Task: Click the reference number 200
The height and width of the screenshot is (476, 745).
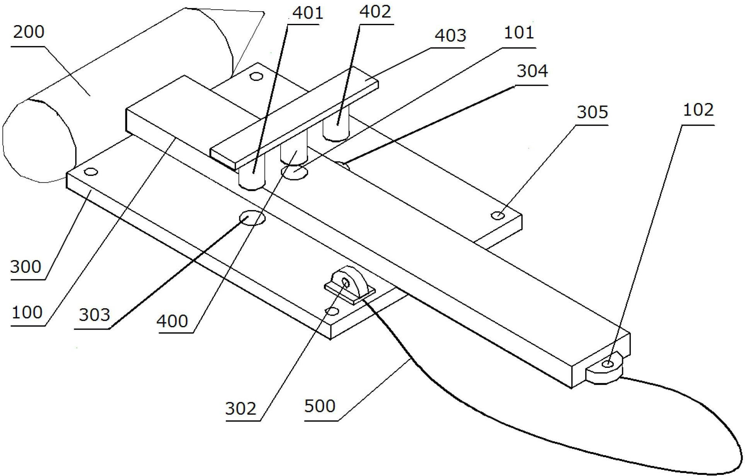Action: pos(29,32)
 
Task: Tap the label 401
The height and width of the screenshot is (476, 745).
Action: pos(308,13)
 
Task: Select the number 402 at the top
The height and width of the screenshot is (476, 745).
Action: pos(375,12)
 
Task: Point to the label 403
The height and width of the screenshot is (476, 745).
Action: pos(450,36)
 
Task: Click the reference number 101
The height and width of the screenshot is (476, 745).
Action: pos(519,32)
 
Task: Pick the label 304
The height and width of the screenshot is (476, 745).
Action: pos(532,71)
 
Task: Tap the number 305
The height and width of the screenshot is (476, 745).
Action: pos(593,112)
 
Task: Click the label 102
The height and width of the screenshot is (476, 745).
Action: pos(698,110)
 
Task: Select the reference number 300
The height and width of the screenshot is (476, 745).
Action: pos(25,267)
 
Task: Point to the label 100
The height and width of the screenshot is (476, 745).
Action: pos(27,312)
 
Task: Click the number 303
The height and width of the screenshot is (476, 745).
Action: pos(95,315)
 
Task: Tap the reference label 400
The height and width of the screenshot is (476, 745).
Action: pos(172,321)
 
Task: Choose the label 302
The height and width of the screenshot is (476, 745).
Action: pos(241,408)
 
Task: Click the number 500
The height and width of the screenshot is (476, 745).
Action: pos(320,406)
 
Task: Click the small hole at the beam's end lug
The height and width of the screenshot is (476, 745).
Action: pos(608,364)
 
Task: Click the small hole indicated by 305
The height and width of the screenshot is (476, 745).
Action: pos(498,215)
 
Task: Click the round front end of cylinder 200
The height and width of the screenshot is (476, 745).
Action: pos(39,141)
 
